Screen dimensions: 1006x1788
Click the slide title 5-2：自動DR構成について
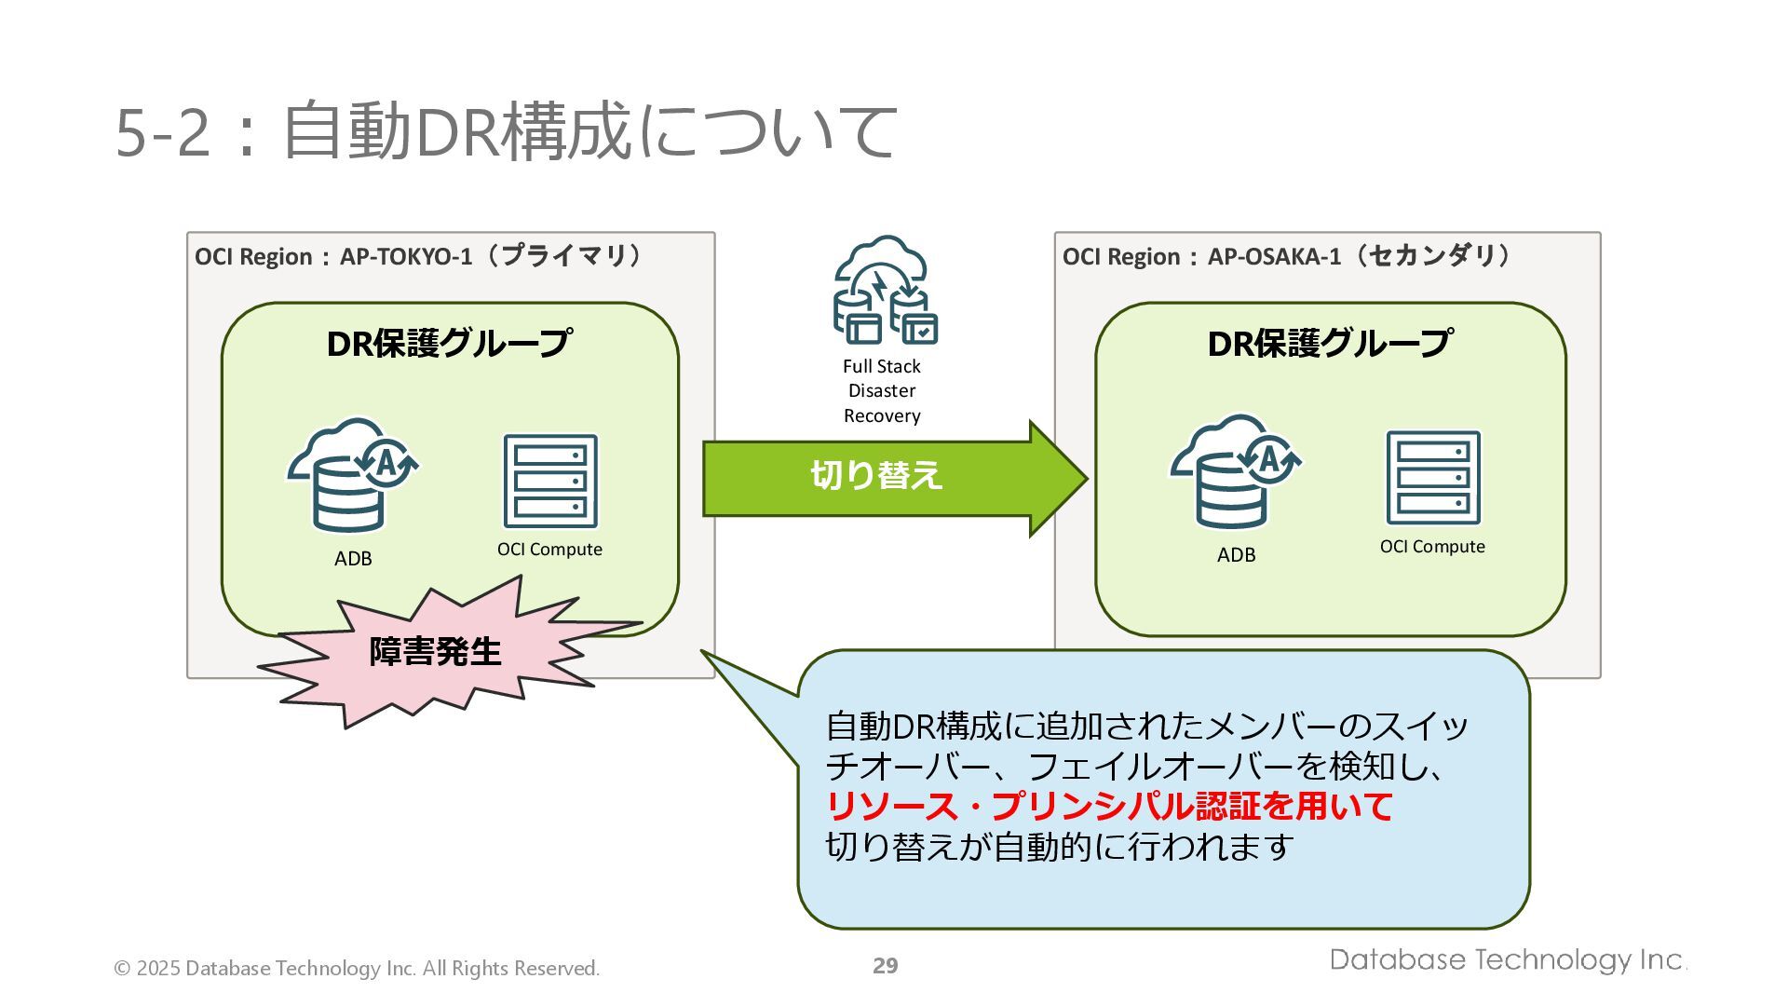pyautogui.click(x=506, y=131)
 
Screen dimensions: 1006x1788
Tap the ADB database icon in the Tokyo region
pyautogui.click(x=352, y=476)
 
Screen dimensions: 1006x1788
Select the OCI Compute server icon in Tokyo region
pyautogui.click(x=550, y=482)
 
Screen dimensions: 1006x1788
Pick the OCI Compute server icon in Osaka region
pyautogui.click(x=1432, y=478)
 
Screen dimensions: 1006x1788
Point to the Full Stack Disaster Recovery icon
pyautogui.click(x=884, y=290)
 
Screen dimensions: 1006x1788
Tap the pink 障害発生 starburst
pyautogui.click(x=436, y=652)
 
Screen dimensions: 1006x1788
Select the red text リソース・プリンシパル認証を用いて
pyautogui.click(x=1108, y=807)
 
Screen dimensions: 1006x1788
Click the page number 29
pyautogui.click(x=885, y=966)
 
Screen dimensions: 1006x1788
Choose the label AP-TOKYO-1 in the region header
pyautogui.click(x=406, y=257)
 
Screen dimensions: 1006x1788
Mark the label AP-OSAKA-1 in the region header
pyautogui.click(x=1274, y=257)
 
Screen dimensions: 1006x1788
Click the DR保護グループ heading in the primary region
pyautogui.click(x=449, y=344)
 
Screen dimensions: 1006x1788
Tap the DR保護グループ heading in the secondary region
pyautogui.click(x=1329, y=344)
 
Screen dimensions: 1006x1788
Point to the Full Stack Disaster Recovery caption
pyautogui.click(x=882, y=391)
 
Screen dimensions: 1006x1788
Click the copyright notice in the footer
pyautogui.click(x=357, y=969)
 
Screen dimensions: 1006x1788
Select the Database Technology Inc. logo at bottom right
pyautogui.click(x=1508, y=960)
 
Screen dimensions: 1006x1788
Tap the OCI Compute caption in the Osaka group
pyautogui.click(x=1432, y=547)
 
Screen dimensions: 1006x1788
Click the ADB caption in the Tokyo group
pyautogui.click(x=353, y=559)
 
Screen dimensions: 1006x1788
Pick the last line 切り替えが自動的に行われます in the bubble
pyautogui.click(x=1060, y=848)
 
